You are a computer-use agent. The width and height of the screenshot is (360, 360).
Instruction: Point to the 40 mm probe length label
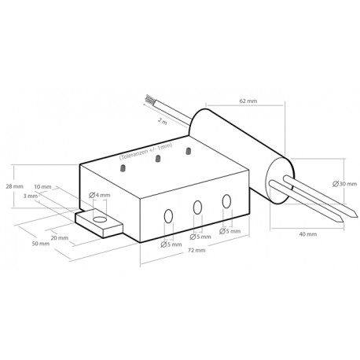(x=307, y=234)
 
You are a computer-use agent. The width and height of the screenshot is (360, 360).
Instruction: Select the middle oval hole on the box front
(x=198, y=208)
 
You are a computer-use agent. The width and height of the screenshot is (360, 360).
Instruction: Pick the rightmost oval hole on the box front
(x=226, y=201)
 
